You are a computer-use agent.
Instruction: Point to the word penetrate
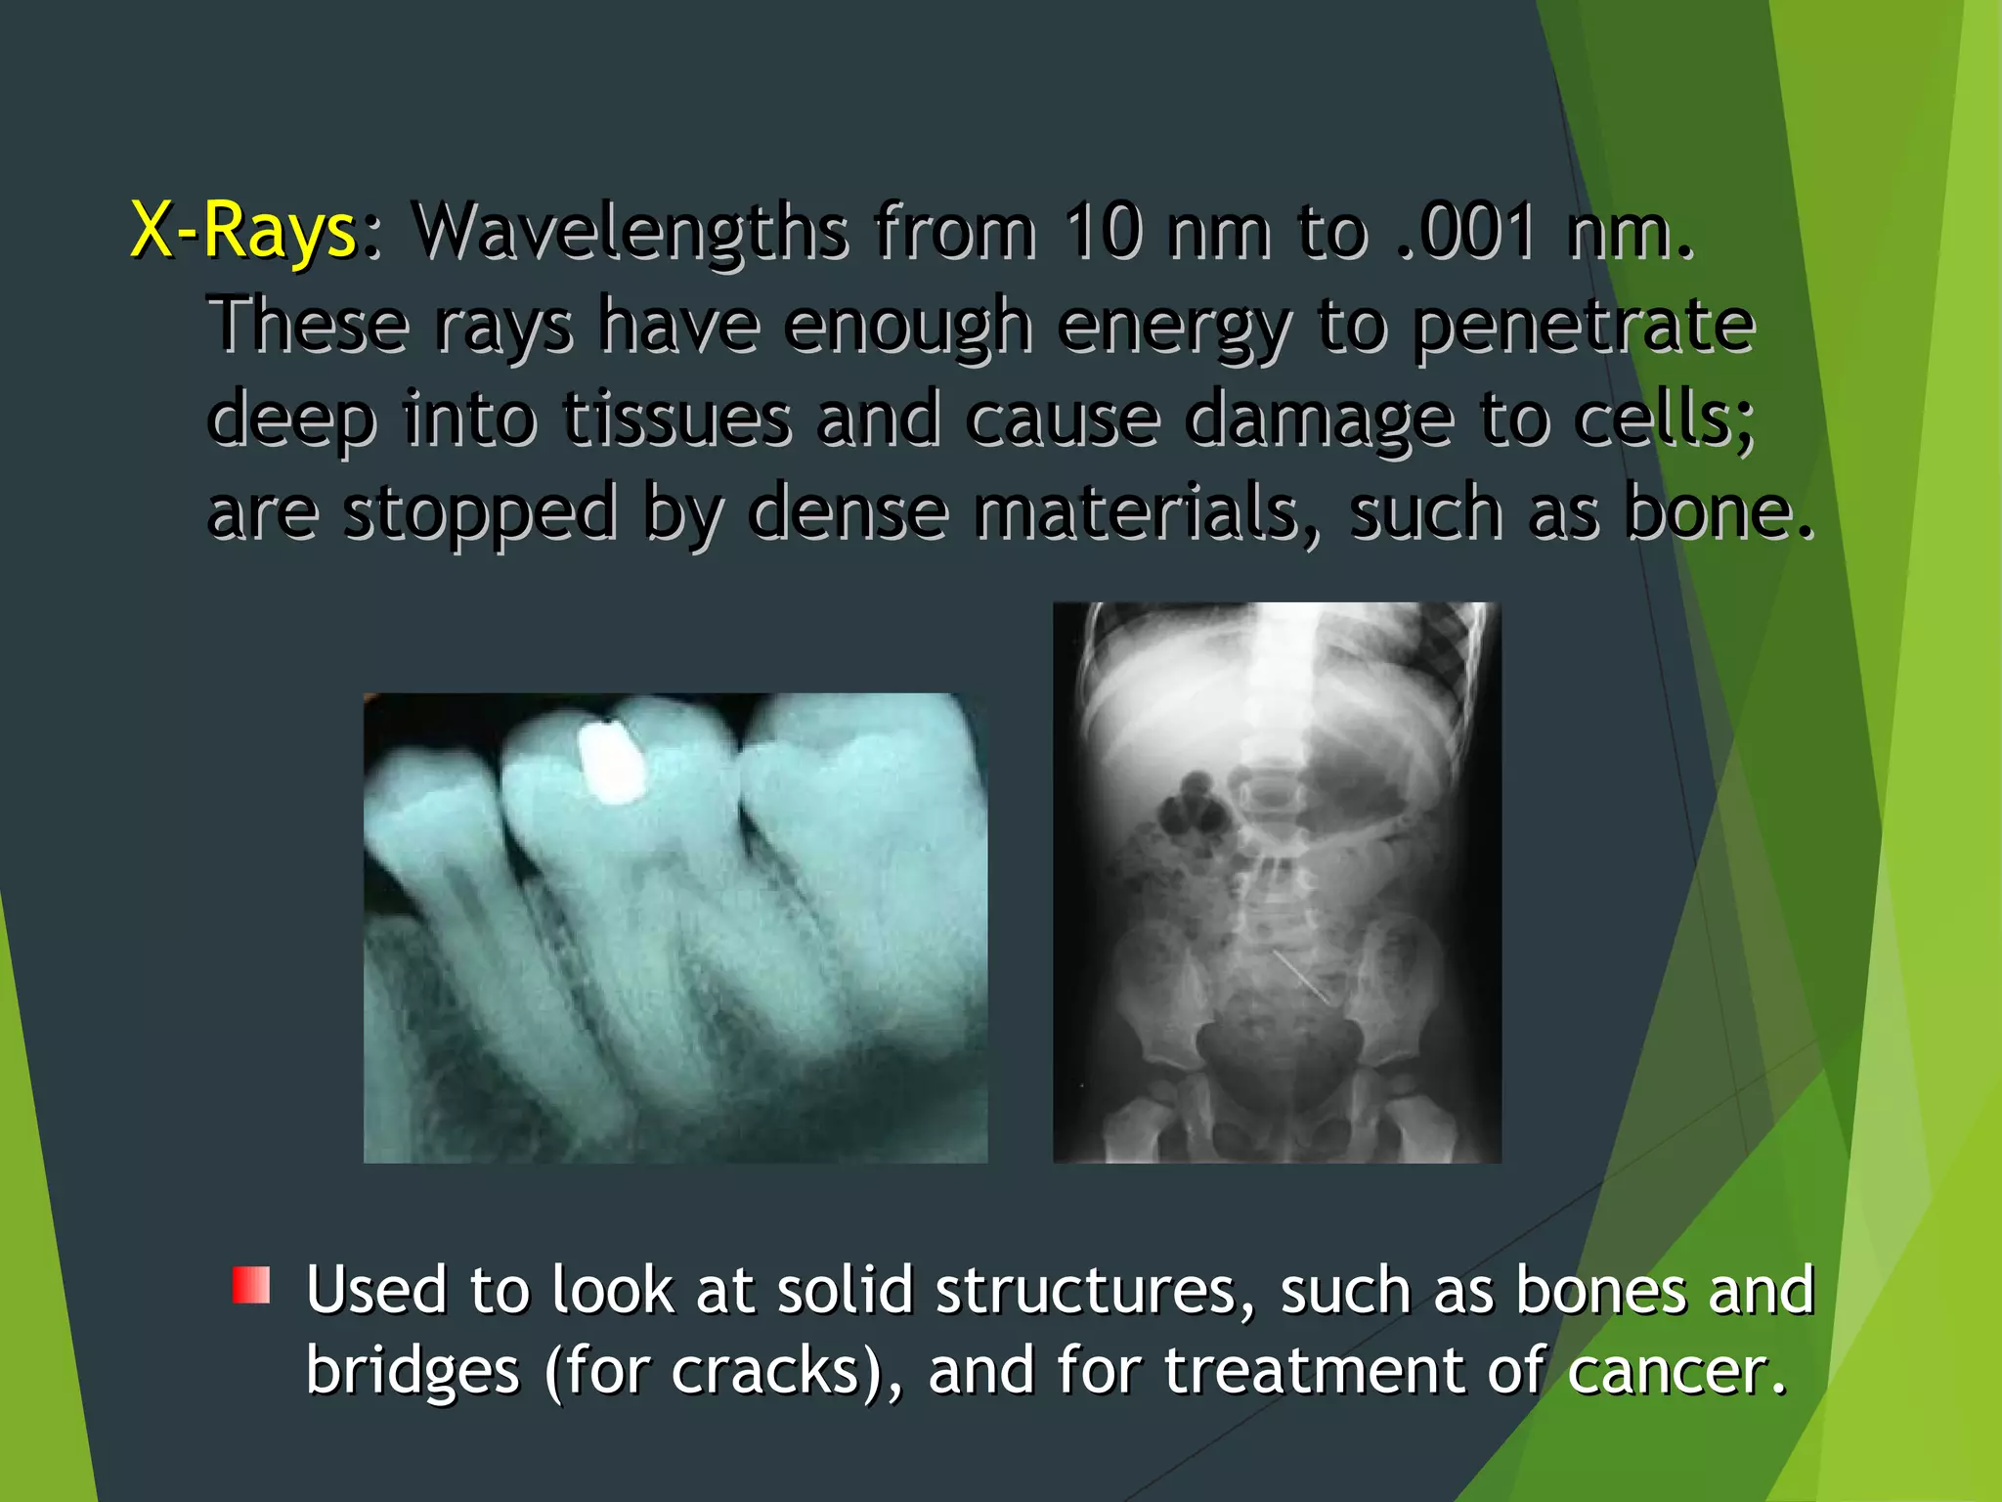pos(1584,325)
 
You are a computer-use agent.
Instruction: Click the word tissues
pos(676,419)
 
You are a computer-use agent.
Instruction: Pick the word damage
pos(1319,419)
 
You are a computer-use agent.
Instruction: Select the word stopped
pos(480,512)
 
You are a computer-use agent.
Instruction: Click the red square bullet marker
pos(251,1285)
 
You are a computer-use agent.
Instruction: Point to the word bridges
pos(413,1370)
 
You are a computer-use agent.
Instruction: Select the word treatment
pos(1313,1370)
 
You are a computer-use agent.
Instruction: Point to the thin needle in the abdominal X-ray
pos(1300,976)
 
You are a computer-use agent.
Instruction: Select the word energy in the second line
pos(1174,325)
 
